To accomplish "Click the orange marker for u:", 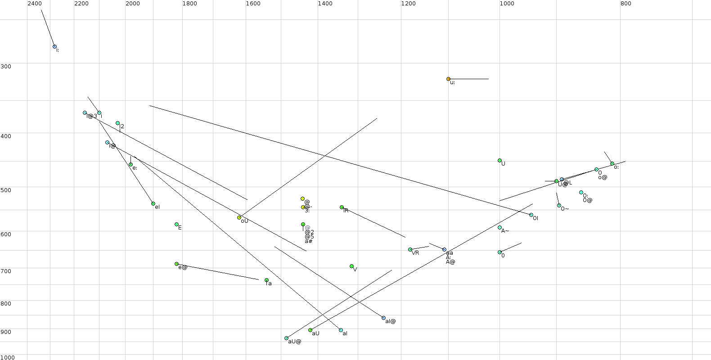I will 448,79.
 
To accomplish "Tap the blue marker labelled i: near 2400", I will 54,46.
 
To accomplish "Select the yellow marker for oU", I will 239,218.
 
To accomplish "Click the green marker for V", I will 351,266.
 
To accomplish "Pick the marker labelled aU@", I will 286,338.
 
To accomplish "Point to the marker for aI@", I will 383,318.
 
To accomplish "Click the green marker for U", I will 499,161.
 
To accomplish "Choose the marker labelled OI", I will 531,215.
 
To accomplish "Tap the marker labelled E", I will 176,225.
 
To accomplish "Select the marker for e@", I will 176,264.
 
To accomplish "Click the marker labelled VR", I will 410,250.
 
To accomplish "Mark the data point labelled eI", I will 153,204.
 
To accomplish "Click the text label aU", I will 315,333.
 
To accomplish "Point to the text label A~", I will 505,231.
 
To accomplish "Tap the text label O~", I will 565,209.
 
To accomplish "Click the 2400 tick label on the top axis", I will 35,4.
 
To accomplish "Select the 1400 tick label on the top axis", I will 325,4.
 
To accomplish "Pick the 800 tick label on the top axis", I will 625,4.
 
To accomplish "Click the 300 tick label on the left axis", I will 6,67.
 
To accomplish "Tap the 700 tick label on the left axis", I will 6,271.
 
